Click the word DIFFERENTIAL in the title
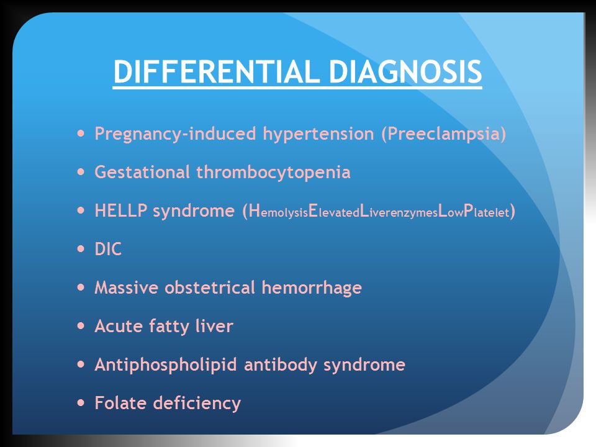[216, 71]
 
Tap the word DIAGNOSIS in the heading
[405, 71]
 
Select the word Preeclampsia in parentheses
[443, 134]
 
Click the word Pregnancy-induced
[175, 134]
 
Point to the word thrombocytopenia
[273, 172]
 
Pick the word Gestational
[142, 172]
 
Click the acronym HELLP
[121, 210]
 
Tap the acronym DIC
[108, 250]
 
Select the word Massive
[126, 287]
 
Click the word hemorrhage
[312, 287]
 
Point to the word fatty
[169, 327]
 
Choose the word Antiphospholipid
[166, 365]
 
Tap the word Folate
[120, 402]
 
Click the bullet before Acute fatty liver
[81, 326]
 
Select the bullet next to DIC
[81, 249]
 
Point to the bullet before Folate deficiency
[81, 402]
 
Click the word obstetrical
[210, 287]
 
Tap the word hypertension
[318, 134]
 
